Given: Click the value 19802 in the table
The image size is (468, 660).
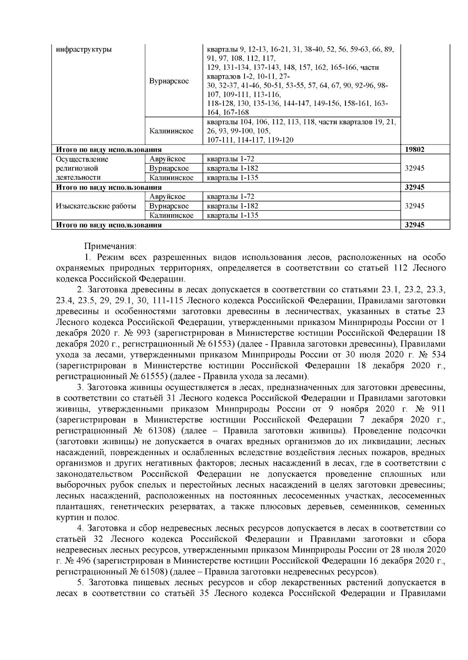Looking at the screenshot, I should click(415, 150).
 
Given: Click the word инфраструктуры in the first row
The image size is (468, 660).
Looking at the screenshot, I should click(83, 49).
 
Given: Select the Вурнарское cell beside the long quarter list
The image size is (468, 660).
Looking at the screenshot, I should click(169, 81).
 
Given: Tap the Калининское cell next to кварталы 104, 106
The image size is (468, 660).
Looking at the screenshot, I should click(171, 131).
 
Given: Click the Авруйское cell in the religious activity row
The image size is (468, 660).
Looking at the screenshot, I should click(167, 159).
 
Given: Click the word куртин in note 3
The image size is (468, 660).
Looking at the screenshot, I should click(68, 518).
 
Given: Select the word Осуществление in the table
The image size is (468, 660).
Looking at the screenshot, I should click(82, 159).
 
